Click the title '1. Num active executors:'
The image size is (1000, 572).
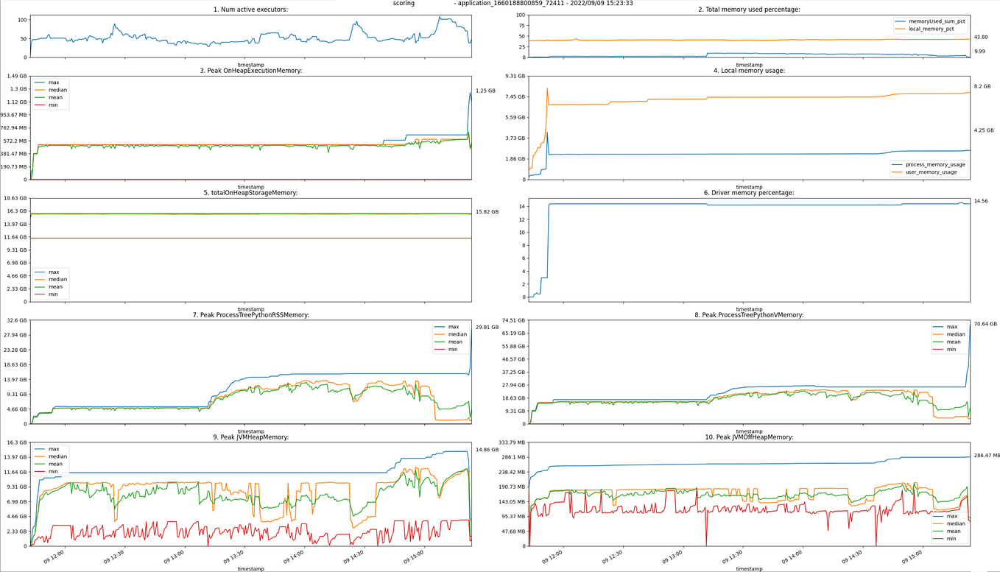click(x=250, y=10)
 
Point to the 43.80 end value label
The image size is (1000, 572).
click(x=981, y=37)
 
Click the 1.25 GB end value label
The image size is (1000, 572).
click(x=485, y=91)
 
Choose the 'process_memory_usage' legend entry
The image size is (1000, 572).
click(x=934, y=165)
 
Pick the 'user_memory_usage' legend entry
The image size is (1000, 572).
click(x=931, y=172)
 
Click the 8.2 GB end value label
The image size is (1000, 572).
click(x=982, y=86)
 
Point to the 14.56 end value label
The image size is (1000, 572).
click(x=981, y=201)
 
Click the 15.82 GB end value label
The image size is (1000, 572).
click(x=487, y=212)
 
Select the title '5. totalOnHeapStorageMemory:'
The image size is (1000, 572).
click(x=250, y=193)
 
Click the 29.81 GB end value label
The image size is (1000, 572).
click(x=487, y=328)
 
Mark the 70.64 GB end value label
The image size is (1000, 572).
click(x=985, y=324)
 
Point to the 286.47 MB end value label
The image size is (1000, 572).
click(x=987, y=456)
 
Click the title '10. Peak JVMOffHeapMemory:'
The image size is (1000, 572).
click(x=749, y=437)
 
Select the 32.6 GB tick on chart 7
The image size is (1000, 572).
click(x=17, y=320)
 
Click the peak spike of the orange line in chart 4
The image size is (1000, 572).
click(x=547, y=89)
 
